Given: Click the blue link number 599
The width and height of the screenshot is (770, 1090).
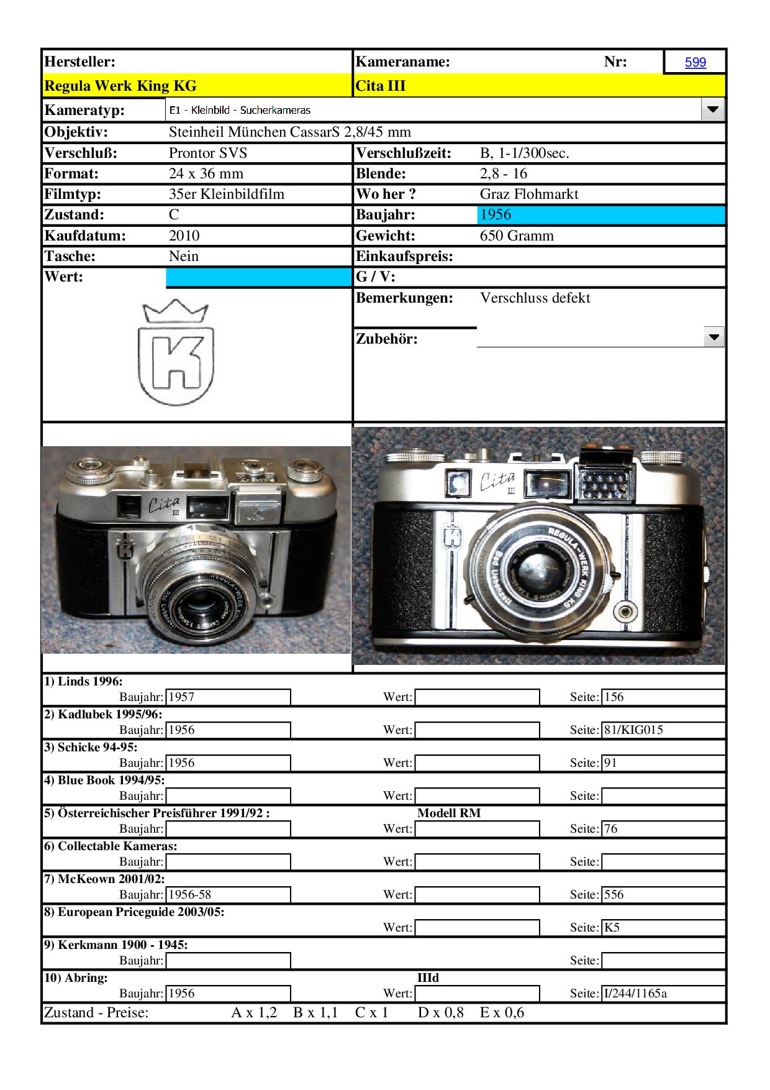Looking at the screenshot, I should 695,62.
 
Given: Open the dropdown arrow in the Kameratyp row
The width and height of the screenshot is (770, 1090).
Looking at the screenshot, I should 712,110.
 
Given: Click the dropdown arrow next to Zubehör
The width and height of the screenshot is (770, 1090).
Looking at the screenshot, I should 714,337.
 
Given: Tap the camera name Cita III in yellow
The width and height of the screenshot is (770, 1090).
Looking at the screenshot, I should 380,86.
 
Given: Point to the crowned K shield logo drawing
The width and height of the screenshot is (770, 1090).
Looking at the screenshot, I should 176,352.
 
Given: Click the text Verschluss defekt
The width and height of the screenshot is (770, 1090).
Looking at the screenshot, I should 535,298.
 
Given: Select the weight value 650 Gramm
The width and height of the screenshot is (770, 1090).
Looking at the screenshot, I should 517,236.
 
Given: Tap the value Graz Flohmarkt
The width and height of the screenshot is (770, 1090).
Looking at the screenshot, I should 528,195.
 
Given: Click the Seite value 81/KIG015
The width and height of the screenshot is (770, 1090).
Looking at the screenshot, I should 633,730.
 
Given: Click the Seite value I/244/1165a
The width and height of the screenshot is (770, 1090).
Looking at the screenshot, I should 635,994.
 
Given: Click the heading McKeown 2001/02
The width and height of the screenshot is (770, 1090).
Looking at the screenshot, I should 104,879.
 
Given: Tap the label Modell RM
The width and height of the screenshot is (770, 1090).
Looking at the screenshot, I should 448,813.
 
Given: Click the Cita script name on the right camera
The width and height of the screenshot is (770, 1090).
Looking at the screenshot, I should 497,481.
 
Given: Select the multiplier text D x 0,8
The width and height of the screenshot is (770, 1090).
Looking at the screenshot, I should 440,1013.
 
